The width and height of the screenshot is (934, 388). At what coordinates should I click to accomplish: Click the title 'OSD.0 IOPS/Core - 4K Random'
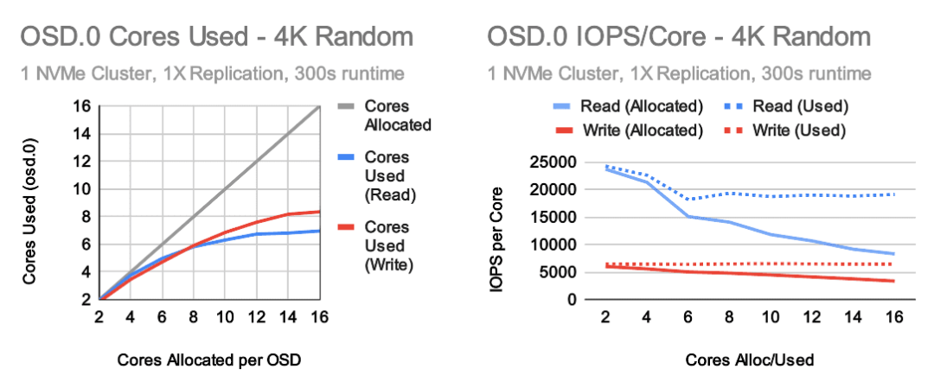coord(678,37)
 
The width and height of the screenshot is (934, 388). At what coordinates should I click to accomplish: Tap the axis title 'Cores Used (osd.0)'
coord(30,203)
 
